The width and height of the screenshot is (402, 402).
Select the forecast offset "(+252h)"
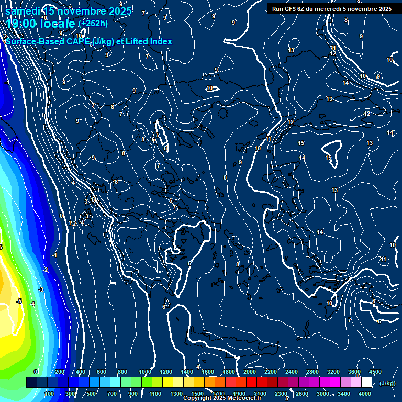click(x=93, y=23)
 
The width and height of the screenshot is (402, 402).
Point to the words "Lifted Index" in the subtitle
click(x=148, y=41)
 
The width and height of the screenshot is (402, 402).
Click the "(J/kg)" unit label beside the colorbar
click(x=387, y=383)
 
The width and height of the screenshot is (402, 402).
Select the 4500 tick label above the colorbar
click(x=375, y=372)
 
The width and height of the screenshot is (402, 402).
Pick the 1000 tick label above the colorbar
click(x=145, y=372)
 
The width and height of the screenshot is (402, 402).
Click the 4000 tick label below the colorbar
click(x=365, y=394)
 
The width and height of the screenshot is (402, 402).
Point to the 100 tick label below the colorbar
click(x=50, y=394)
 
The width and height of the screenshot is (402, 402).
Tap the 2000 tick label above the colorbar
click(x=250, y=372)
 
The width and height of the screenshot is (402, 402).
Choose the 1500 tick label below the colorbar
click(x=197, y=394)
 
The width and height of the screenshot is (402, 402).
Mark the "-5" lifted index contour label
click(x=18, y=301)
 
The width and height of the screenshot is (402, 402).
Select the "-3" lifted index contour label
click(x=41, y=289)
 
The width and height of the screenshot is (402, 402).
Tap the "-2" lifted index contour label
click(x=46, y=270)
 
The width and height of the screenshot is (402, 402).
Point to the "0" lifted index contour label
click(x=61, y=216)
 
